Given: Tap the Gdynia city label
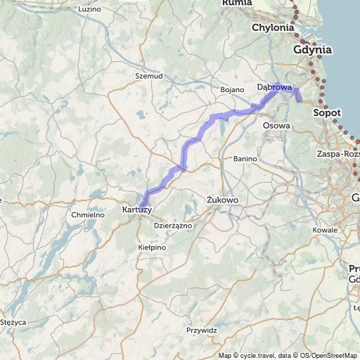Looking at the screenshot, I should [312, 50].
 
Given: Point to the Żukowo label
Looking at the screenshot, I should [224, 200].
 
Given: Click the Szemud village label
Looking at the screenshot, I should [149, 75].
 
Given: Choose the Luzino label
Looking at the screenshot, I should [90, 9].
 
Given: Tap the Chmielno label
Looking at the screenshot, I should [88, 214].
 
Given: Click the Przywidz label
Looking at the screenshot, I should [202, 330].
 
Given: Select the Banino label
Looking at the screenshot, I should [245, 159].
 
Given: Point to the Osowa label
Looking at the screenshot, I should [276, 125].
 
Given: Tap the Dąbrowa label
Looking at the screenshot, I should [274, 87].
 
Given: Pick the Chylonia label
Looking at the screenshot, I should [273, 27].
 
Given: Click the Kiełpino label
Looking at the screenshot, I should [152, 247].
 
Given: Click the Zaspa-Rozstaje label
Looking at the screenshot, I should [338, 153].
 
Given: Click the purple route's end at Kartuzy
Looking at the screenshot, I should [143, 204].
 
